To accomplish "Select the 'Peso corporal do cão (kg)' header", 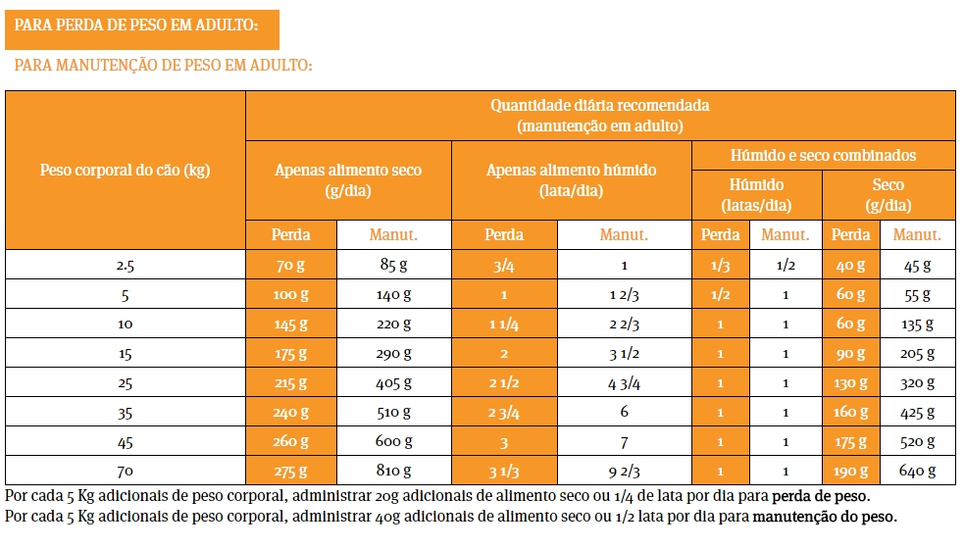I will pos(126,170).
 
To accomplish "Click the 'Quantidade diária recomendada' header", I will pos(600,115).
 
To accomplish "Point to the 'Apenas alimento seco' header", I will pos(348,179).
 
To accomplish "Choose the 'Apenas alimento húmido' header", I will pos(572,179).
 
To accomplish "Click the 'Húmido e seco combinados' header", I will pos(824,155).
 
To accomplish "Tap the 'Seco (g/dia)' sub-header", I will pos(888,195).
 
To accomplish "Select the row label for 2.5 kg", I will pos(126,265).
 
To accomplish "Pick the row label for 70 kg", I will pos(126,471).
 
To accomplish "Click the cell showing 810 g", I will pos(393,471).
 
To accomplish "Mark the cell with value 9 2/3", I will pos(624,471).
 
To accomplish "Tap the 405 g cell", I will pos(393,382).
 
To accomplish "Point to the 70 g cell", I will pos(291,265).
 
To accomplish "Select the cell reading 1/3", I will pos(721,265).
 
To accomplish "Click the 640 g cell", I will pos(917,471).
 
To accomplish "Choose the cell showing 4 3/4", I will pos(624,382).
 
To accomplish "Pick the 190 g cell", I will pos(850,471).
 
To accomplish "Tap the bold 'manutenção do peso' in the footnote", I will pos(824,516).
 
